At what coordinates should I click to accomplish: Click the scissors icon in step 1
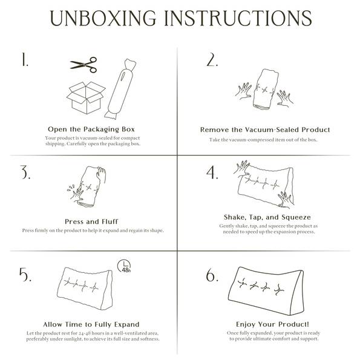pos(84,65)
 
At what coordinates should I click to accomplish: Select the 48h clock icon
pos(124,266)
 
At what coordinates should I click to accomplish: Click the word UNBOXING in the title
pos(103,18)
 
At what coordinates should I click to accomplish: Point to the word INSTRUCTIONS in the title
pos(238,18)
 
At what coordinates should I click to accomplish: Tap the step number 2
pos(212,60)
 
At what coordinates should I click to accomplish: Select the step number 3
pos(25,172)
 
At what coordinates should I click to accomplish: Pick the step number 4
pos(212,172)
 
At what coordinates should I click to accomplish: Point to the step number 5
pos(25,275)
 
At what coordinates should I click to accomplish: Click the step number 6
pos(212,275)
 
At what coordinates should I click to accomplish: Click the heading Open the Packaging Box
pos(91,129)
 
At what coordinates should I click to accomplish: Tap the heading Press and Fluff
pos(91,221)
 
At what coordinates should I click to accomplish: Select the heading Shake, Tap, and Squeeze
pos(267,217)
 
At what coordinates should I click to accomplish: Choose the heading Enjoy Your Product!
pos(272,324)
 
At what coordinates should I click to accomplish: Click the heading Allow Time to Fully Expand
pos(91,324)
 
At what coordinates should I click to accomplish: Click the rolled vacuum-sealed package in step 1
pos(120,89)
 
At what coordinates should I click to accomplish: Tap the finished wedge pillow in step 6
pos(266,291)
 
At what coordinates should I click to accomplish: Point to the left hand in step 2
pos(244,91)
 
